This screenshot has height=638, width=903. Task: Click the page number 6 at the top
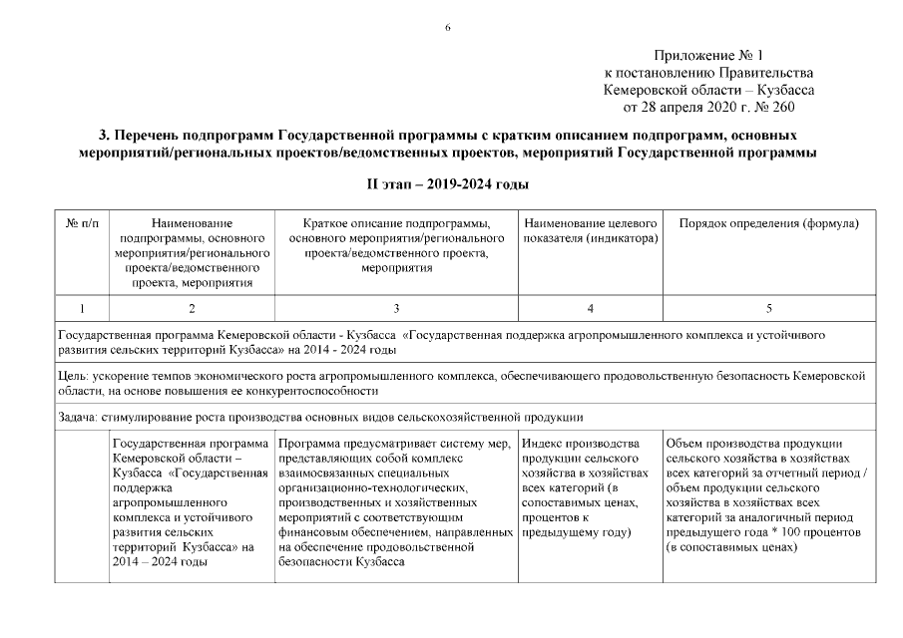448,27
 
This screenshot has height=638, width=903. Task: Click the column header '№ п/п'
82,225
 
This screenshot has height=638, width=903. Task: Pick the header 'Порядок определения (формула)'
769,225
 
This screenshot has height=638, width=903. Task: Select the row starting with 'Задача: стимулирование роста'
319,417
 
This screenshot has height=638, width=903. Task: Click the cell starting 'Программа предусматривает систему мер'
396,502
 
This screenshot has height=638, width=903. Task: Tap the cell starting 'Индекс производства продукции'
589,487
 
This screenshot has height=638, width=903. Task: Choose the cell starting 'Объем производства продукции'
769,494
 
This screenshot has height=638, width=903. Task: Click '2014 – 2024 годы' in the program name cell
161,562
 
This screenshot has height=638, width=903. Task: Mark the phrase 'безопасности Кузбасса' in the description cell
340,562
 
